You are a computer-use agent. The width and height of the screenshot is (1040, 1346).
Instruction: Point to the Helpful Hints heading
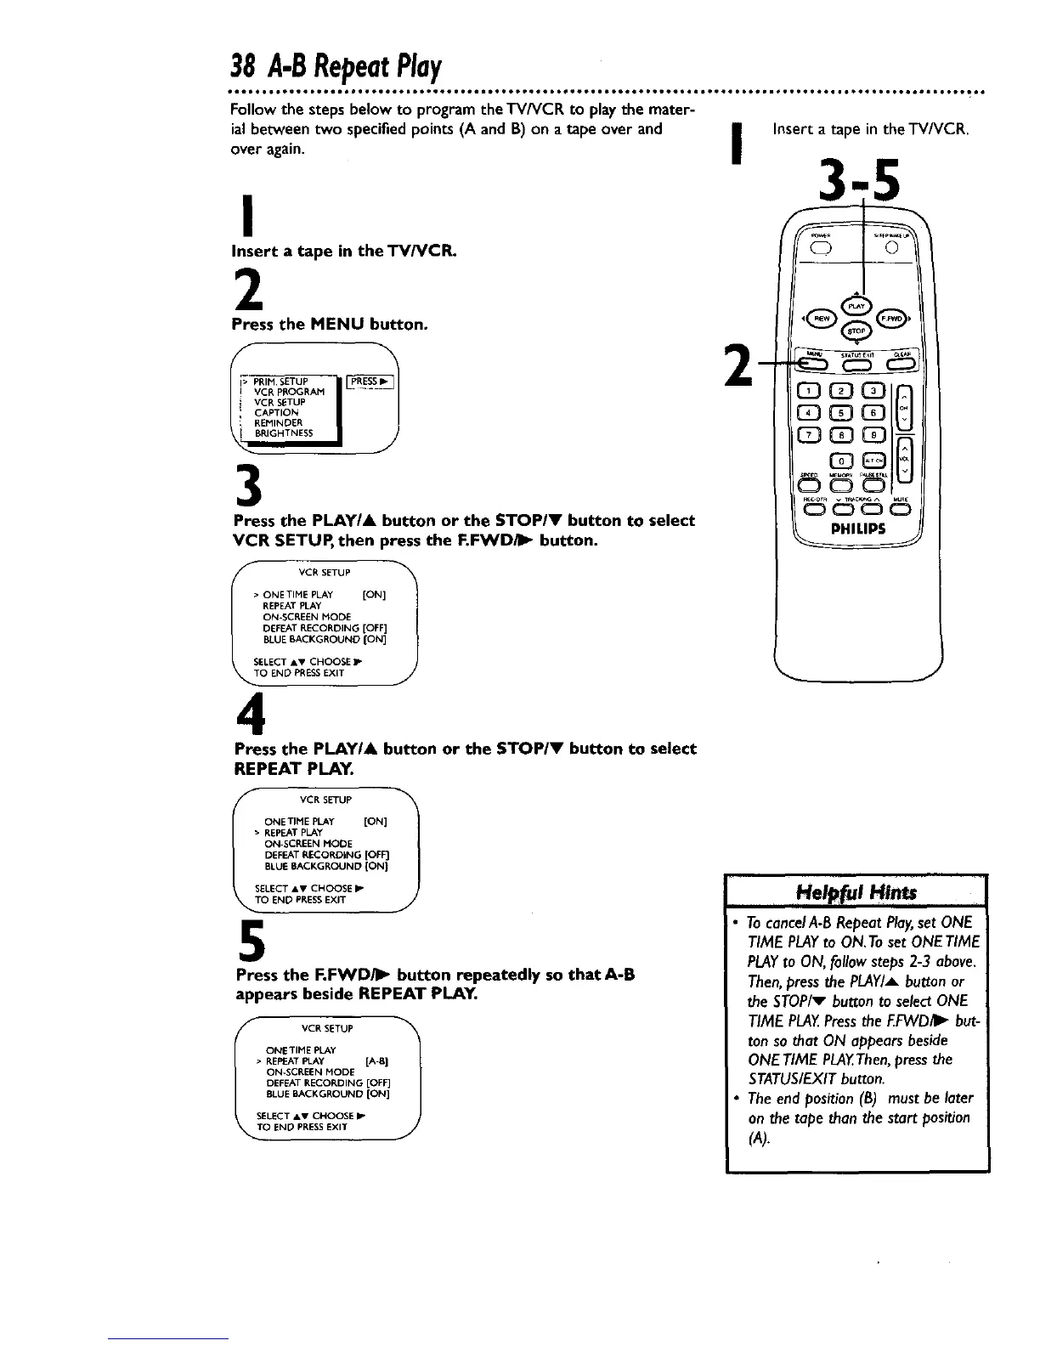pyautogui.click(x=856, y=891)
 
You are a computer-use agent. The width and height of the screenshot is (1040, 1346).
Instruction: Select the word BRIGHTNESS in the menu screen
pyautogui.click(x=285, y=433)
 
